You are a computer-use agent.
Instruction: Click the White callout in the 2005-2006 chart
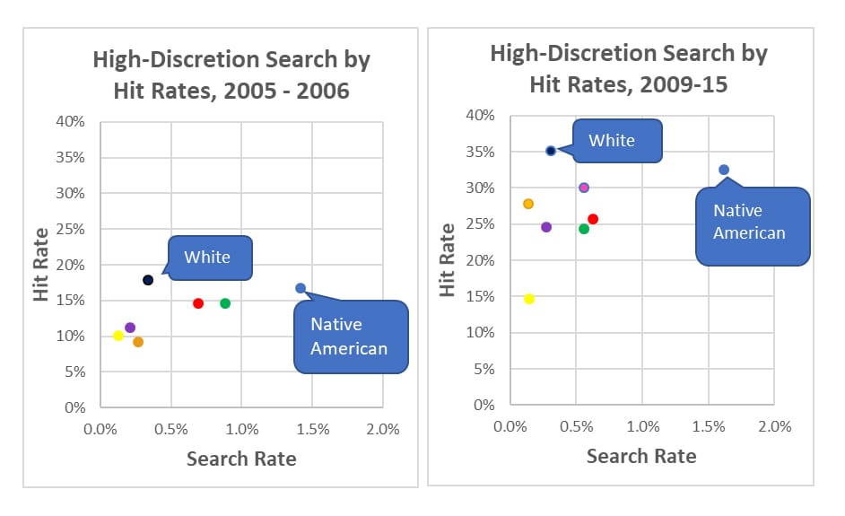tap(207, 258)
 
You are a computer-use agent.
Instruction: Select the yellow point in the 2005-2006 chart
tap(118, 336)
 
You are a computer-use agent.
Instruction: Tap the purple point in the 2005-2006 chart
tap(130, 328)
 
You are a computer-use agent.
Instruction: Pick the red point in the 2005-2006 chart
tap(198, 303)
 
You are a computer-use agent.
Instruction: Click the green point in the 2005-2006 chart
tap(225, 303)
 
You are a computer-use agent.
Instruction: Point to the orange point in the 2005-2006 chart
tap(138, 342)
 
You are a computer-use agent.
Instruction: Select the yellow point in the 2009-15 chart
tap(529, 299)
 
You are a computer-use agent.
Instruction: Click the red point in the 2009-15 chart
tap(593, 219)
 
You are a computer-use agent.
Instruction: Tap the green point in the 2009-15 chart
tap(584, 229)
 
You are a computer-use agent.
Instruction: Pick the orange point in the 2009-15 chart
tap(528, 204)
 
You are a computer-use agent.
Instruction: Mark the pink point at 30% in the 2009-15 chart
tap(584, 188)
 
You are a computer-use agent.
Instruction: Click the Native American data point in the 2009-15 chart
tap(724, 170)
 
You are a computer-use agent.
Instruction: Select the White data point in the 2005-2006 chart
tap(148, 280)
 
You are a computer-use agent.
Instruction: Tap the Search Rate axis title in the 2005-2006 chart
tap(240, 459)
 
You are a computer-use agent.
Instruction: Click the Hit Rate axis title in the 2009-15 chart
tap(446, 260)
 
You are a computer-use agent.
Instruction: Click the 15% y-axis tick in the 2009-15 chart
tap(483, 297)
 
